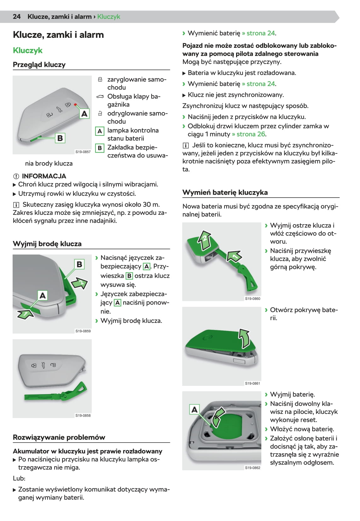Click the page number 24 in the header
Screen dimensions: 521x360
(17, 17)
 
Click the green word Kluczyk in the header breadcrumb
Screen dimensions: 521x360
(109, 17)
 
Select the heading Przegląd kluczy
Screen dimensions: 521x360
(39, 65)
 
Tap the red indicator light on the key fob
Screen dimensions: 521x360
(75, 104)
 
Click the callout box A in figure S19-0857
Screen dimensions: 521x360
(84, 113)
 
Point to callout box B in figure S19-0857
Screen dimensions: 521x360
(60, 138)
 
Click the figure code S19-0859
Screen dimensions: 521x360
(83, 331)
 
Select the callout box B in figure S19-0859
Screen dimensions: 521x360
(79, 264)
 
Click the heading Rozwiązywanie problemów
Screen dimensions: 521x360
(59, 437)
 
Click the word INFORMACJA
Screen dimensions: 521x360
(44, 176)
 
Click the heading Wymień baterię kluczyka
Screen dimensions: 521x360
(225, 192)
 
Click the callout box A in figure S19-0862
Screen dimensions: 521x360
(195, 409)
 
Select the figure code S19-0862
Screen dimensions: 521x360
(253, 468)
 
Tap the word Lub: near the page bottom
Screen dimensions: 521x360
(19, 478)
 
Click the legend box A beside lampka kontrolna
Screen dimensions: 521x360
(100, 131)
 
